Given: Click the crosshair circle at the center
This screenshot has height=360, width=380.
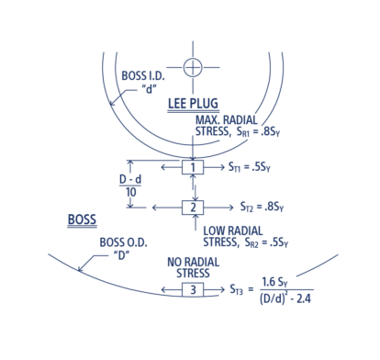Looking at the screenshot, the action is pyautogui.click(x=192, y=66).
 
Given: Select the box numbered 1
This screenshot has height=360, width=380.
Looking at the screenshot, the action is pyautogui.click(x=191, y=168).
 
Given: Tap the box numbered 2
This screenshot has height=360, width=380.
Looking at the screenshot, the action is pyautogui.click(x=191, y=206).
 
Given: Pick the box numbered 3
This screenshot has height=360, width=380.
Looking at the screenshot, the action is pyautogui.click(x=191, y=290).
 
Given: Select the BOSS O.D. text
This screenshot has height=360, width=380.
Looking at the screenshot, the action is pyautogui.click(x=117, y=243).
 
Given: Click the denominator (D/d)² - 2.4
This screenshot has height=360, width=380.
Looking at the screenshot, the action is pyautogui.click(x=274, y=299).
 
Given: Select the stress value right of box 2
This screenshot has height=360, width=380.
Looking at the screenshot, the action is pyautogui.click(x=257, y=207).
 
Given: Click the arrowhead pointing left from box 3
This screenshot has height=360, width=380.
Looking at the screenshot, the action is pyautogui.click(x=162, y=290).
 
